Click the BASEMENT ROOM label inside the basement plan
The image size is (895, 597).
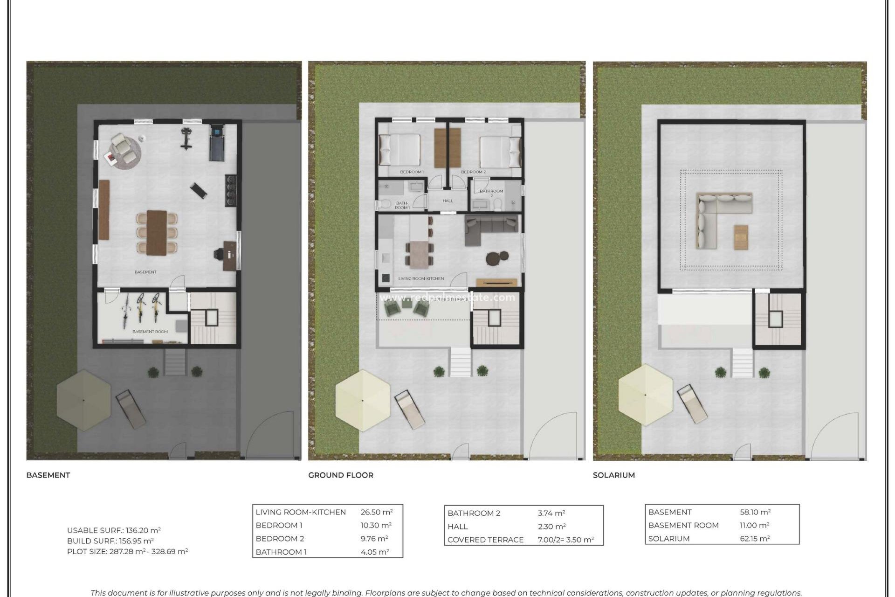click(x=150, y=332)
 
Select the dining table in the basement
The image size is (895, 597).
click(x=157, y=232)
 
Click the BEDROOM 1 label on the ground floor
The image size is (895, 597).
click(x=412, y=172)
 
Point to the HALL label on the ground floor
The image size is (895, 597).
click(x=447, y=201)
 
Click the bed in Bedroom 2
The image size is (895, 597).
click(x=496, y=151)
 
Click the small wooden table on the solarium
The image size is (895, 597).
click(x=741, y=237)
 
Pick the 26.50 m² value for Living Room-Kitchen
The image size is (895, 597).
click(x=377, y=512)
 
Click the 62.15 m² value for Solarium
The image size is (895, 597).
click(x=755, y=539)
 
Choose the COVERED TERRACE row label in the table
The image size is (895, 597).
click(x=485, y=540)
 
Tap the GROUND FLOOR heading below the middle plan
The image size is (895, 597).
click(x=341, y=475)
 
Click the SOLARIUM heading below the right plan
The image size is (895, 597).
click(x=613, y=475)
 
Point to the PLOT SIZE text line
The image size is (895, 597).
click(x=127, y=551)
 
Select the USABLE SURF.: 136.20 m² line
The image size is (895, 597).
click(x=114, y=530)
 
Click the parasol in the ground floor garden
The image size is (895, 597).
click(x=363, y=400)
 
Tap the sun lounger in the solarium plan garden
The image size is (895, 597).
click(x=693, y=404)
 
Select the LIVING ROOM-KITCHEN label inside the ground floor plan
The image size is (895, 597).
click(x=421, y=278)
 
